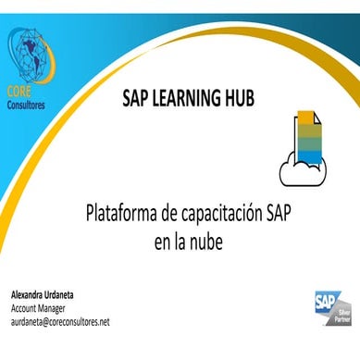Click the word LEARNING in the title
point(181,98)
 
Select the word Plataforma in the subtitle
point(121,213)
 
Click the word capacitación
point(220,214)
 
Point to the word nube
point(206,242)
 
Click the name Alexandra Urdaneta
point(43,295)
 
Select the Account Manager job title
point(38,308)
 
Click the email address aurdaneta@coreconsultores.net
point(60,322)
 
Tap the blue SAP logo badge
point(327,302)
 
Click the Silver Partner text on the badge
point(342,317)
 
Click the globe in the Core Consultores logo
point(32,56)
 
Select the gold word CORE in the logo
point(19,92)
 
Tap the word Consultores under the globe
point(26,105)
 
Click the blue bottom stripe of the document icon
point(309,156)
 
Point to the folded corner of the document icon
point(317,118)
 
